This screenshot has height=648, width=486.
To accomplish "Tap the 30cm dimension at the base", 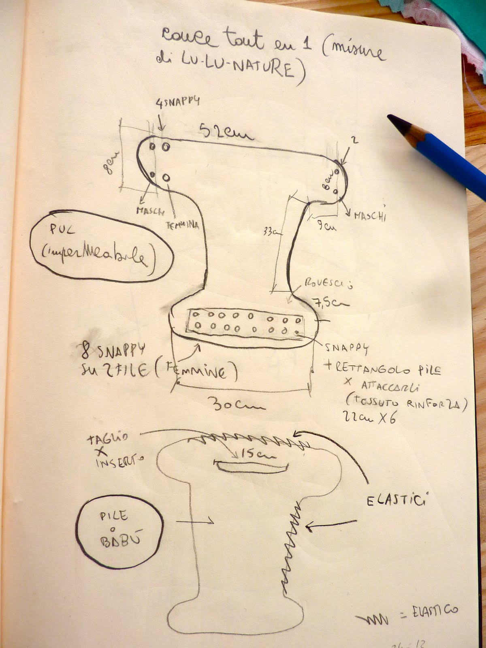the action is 236,403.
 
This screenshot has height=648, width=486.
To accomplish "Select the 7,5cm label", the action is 329,302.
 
